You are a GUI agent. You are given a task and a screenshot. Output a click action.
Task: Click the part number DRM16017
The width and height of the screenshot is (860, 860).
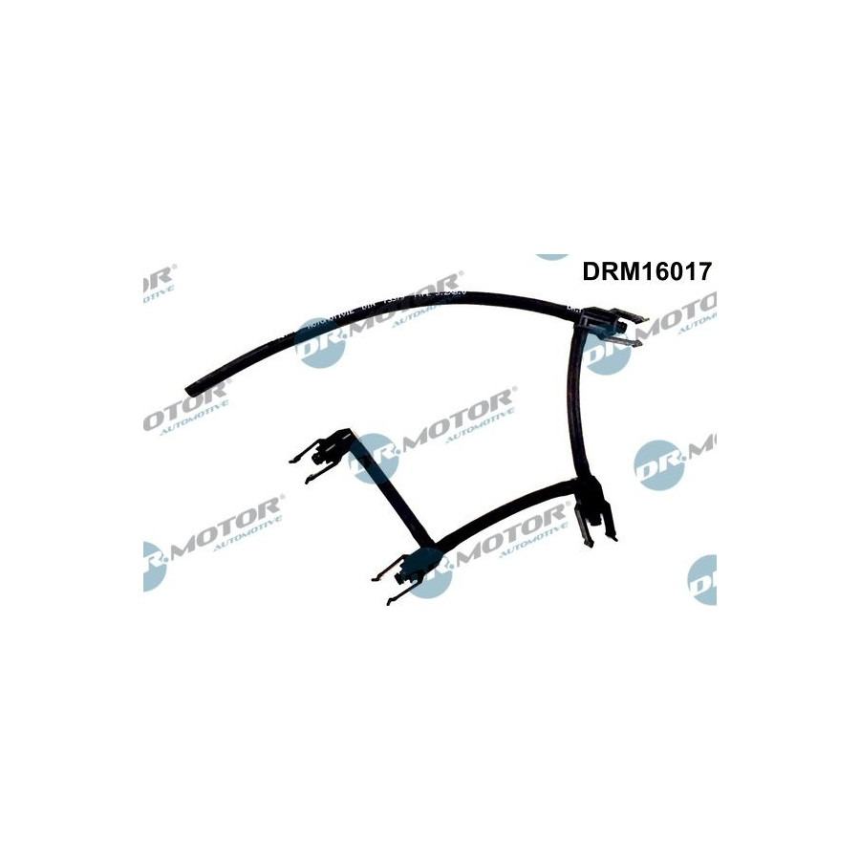click(x=646, y=270)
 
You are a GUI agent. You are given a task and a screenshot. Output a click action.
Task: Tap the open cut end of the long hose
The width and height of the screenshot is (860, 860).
click(x=188, y=391)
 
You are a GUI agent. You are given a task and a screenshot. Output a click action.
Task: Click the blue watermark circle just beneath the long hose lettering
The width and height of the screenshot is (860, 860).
click(x=319, y=342)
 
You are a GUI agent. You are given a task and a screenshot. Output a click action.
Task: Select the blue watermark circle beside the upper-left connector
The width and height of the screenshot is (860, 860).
click(x=372, y=456)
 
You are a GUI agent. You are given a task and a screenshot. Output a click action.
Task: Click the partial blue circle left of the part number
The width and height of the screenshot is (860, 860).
click(x=552, y=257)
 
